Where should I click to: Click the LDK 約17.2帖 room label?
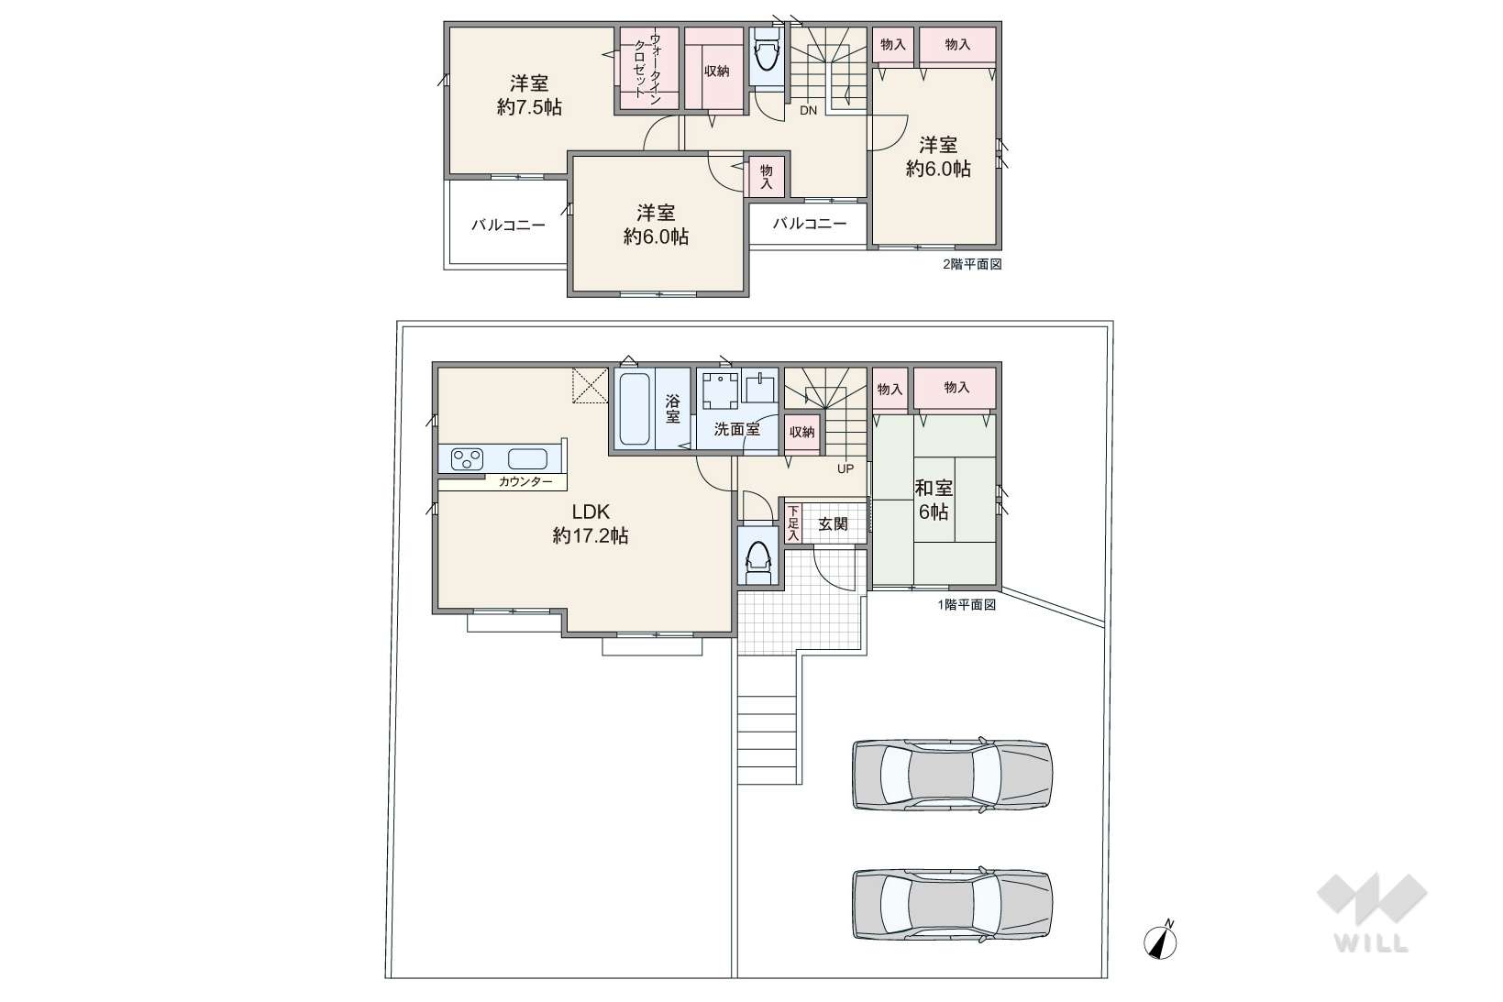[x=591, y=523]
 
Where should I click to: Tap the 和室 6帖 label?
[x=934, y=500]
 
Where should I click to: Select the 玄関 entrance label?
[x=833, y=524]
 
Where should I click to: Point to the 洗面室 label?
[x=736, y=429]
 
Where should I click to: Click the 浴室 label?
[x=672, y=409]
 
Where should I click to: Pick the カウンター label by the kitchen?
[x=525, y=481]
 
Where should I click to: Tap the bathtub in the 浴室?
[x=635, y=409]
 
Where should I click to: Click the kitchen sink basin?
[x=527, y=458]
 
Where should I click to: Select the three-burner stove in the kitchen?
[x=467, y=458]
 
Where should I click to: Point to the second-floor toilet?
[x=767, y=55]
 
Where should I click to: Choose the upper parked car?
[x=952, y=775]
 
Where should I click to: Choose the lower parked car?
[x=952, y=905]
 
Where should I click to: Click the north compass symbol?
[x=1161, y=941]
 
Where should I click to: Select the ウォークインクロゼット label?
[x=647, y=69]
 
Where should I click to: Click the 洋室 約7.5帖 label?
[x=529, y=95]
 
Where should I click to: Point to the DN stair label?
[x=809, y=111]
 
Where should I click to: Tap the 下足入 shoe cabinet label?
[x=794, y=523]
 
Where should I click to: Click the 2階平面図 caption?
[x=972, y=264]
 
